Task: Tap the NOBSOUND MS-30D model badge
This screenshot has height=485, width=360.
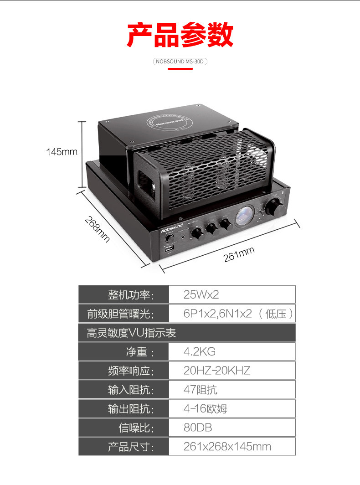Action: click(x=180, y=61)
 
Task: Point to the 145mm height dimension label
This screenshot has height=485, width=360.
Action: click(x=62, y=151)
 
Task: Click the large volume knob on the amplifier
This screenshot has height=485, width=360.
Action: click(x=274, y=206)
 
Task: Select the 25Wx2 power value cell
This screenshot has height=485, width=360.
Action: click(x=232, y=294)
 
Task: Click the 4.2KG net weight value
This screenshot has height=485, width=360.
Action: click(x=232, y=351)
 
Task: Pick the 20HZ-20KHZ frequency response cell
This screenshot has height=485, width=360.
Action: click(x=232, y=371)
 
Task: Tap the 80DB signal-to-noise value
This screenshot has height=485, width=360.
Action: click(x=232, y=428)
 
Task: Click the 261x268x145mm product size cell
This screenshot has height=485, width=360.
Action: click(x=232, y=447)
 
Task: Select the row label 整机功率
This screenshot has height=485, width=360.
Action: click(x=131, y=294)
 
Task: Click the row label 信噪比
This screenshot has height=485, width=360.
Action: click(x=137, y=428)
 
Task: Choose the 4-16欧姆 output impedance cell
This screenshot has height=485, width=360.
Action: click(x=232, y=408)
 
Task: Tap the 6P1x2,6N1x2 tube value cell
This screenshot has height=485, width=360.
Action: click(x=232, y=314)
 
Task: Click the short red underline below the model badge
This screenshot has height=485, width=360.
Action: click(x=180, y=69)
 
